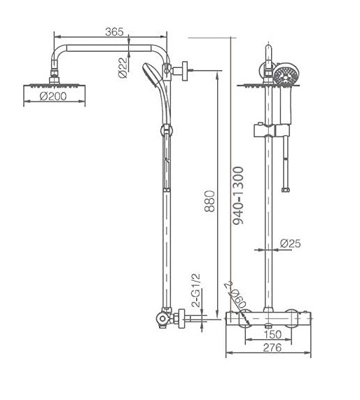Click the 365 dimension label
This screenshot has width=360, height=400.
tap(114, 32)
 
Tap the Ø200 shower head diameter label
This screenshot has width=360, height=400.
tap(53, 96)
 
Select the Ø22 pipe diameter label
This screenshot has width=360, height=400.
tap(123, 67)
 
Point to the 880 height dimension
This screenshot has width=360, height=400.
tap(209, 201)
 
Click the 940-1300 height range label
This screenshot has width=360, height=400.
tap(238, 195)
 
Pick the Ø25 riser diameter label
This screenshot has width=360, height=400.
tap(291, 243)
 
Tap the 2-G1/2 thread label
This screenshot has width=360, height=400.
tap(196, 290)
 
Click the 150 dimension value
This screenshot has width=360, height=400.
tap(272, 334)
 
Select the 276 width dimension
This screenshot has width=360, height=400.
tap(272, 347)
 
